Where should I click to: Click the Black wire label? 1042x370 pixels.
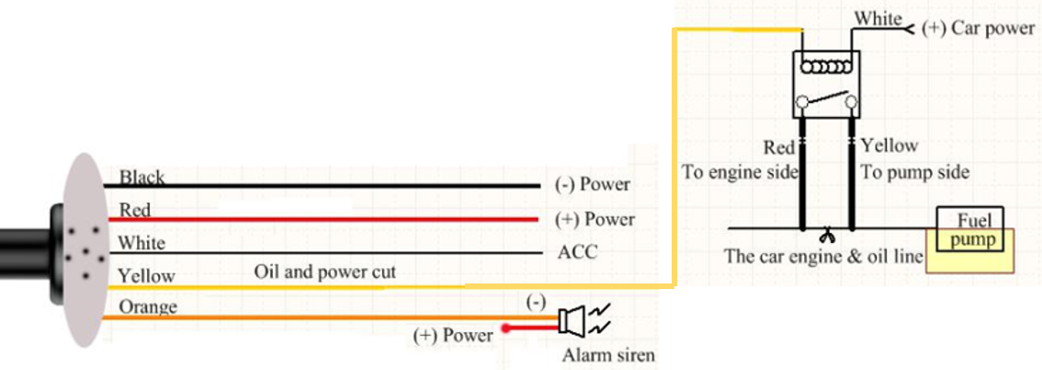tap(142, 177)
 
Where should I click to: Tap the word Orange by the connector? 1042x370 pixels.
tap(148, 306)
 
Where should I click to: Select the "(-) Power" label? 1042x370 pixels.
tap(592, 184)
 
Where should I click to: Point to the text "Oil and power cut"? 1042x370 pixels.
tap(325, 272)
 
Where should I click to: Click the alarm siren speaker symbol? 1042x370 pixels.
tap(572, 320)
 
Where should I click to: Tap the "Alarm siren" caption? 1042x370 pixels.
tap(608, 355)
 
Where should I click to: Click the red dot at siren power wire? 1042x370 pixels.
tap(505, 328)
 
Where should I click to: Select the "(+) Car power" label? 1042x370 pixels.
tap(979, 28)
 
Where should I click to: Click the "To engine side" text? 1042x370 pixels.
tap(741, 172)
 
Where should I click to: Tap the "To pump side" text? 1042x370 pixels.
tap(915, 172)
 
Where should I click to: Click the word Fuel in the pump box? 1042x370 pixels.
tap(974, 220)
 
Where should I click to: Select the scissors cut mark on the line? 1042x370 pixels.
tap(827, 235)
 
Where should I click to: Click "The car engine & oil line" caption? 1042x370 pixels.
tap(824, 256)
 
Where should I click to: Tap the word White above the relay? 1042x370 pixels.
tap(878, 18)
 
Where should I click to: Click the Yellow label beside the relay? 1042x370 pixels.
tap(889, 145)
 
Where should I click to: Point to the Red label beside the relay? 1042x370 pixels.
tap(779, 146)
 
